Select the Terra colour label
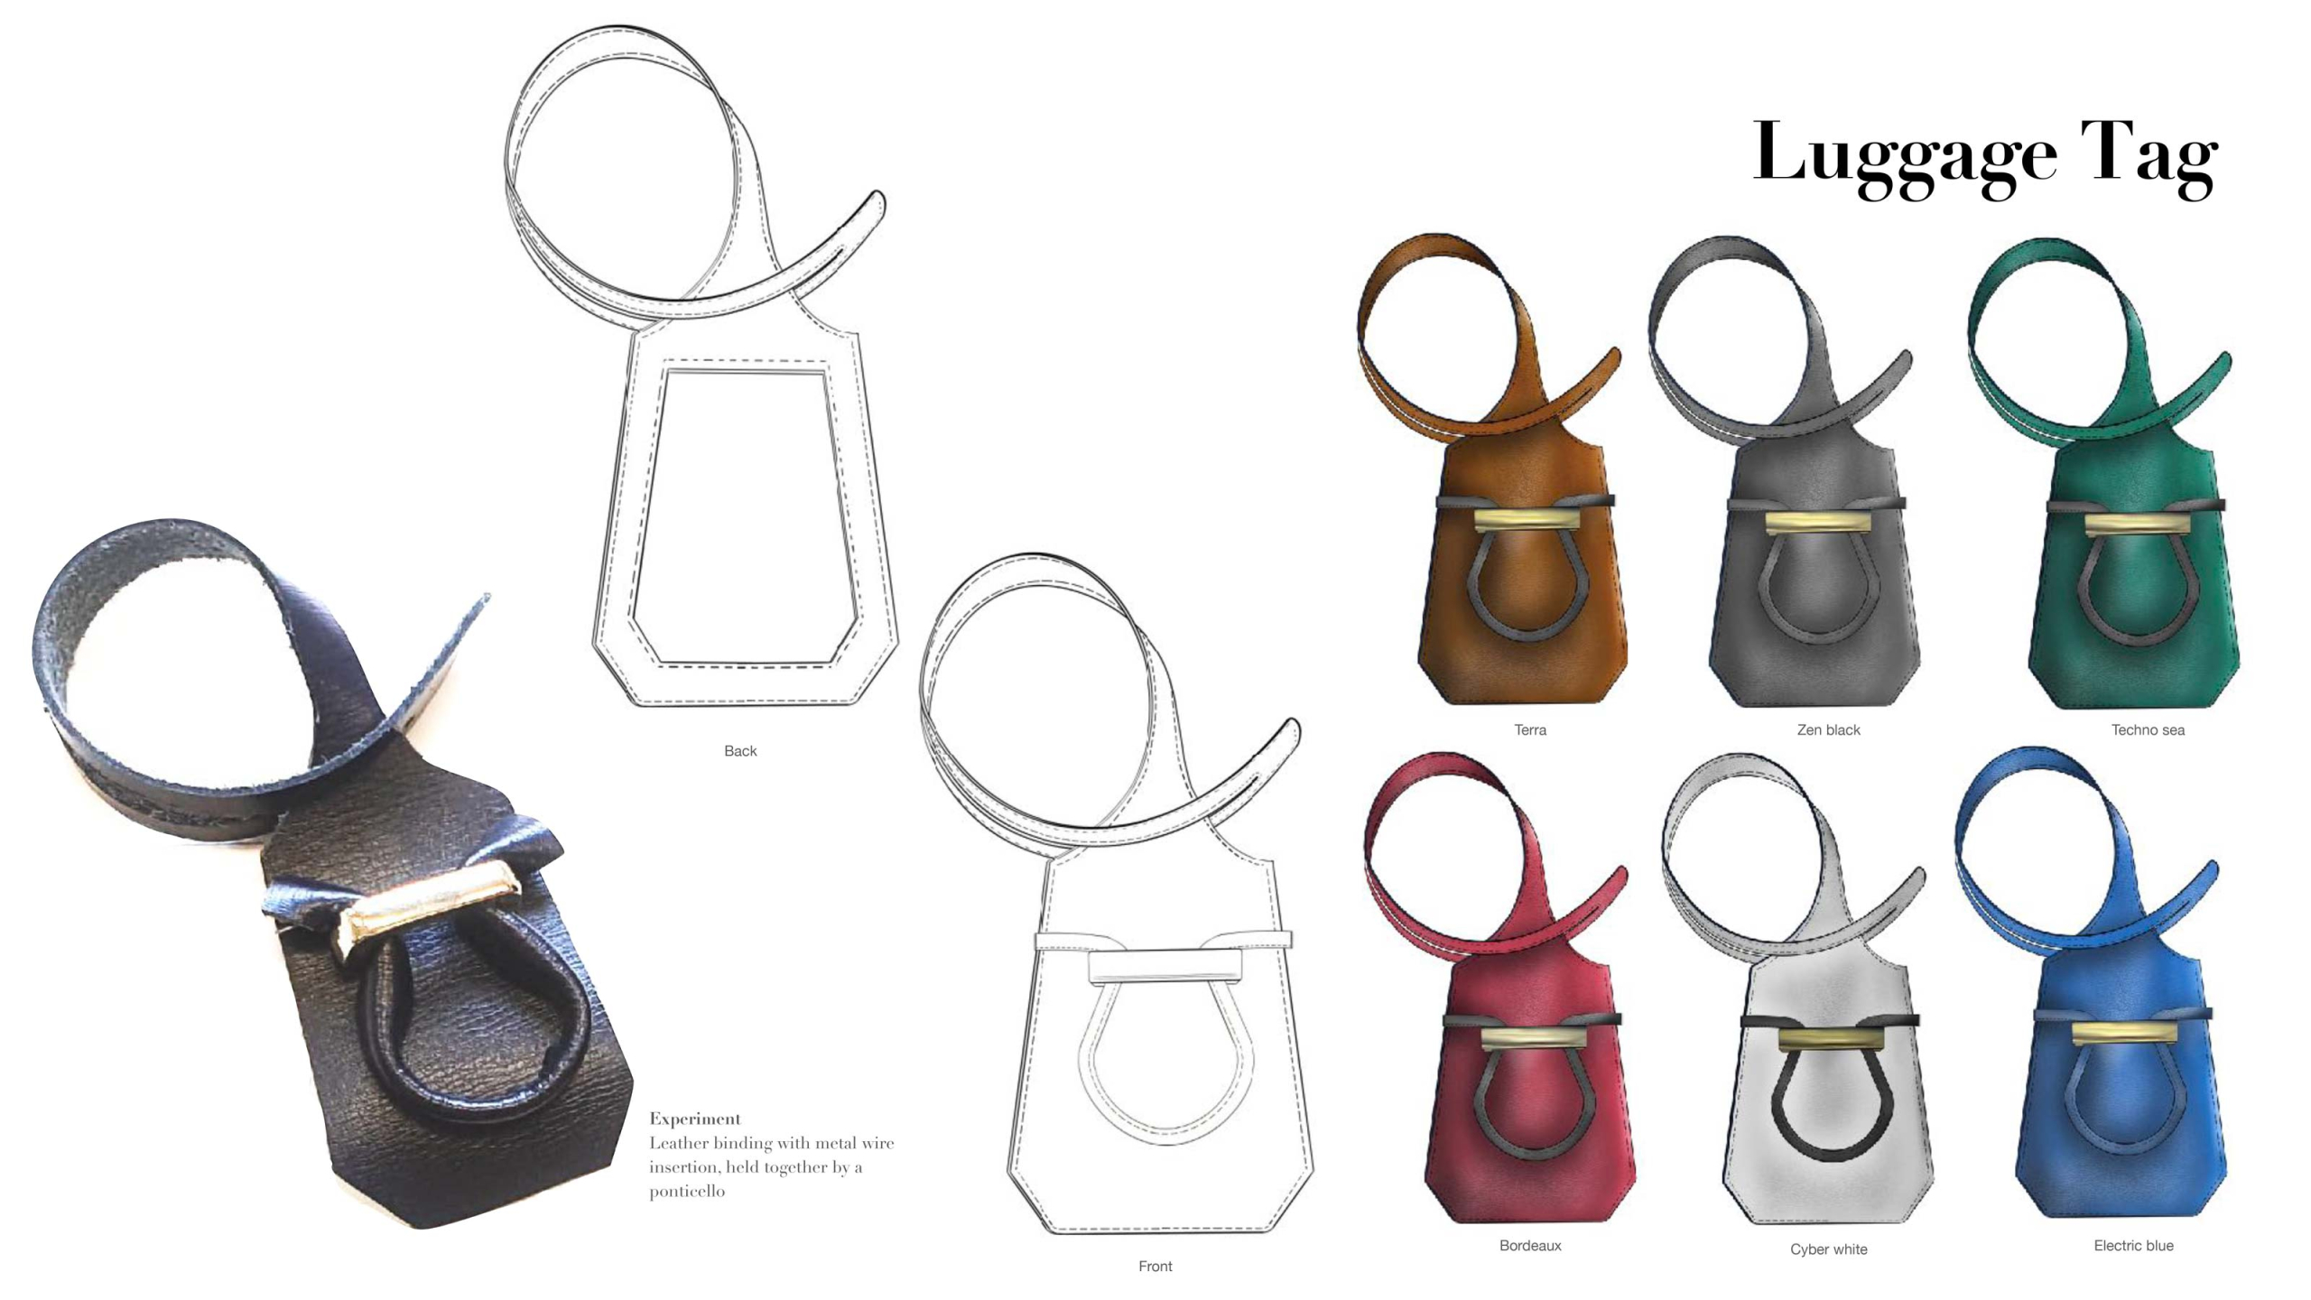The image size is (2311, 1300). (x=1530, y=729)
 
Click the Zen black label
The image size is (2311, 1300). (x=1828, y=729)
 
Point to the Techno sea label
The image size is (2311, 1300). (x=2148, y=729)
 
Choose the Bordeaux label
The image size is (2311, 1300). (x=1530, y=1245)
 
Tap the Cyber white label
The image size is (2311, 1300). (x=1829, y=1249)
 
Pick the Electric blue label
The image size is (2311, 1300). (x=2133, y=1245)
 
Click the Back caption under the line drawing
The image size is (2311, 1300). (x=740, y=750)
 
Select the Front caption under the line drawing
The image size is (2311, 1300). (x=1155, y=1266)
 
